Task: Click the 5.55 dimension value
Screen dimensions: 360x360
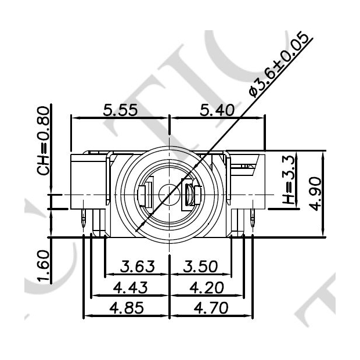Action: (120, 110)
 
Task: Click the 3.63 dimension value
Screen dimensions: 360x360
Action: (137, 267)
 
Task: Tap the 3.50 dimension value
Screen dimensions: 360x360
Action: (200, 267)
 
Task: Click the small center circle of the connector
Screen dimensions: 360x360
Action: (168, 193)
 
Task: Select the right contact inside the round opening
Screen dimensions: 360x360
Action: (191, 195)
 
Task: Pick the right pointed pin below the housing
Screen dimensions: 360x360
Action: (253, 219)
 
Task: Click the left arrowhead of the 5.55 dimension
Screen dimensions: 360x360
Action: (74, 117)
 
